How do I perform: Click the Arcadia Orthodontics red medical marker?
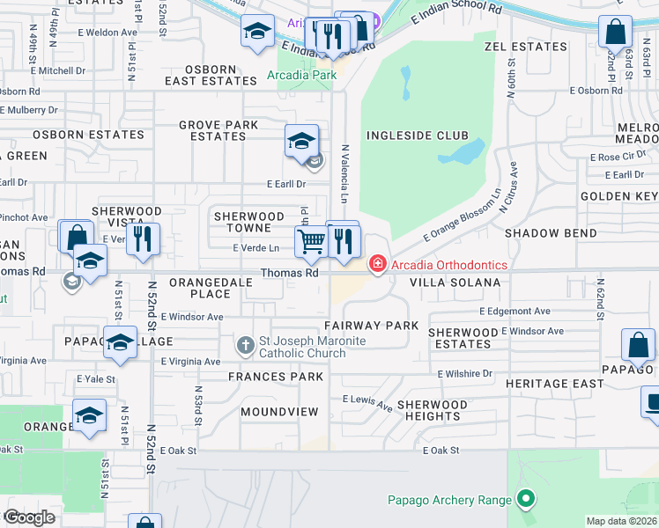pos(377,264)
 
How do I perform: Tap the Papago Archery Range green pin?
pos(526,500)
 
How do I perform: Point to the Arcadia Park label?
pos(302,76)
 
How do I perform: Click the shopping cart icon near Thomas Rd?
pos(311,241)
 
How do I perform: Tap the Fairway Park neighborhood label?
pos(375,325)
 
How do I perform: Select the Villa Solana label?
pos(455,282)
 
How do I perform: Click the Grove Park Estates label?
pos(218,130)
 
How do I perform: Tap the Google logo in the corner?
pos(28,517)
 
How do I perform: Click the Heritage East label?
pos(554,384)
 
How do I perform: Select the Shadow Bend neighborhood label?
pos(550,233)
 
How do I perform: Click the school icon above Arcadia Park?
pos(257,32)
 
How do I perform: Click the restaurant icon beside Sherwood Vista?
pos(143,238)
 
